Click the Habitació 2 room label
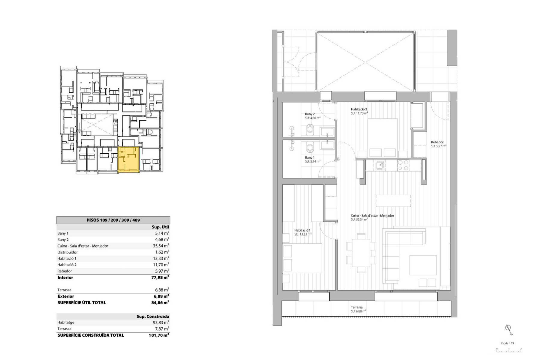(359, 110)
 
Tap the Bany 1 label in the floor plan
(310, 157)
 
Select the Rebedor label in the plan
(437, 142)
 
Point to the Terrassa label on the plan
(357, 307)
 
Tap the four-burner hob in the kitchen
(403, 165)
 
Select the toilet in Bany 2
(310, 130)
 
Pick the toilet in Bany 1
(310, 148)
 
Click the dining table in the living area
(361, 253)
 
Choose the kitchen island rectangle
(393, 201)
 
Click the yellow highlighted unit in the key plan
(129, 160)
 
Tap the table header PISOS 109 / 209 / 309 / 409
(113, 220)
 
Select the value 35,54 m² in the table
(160, 246)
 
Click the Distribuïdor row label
(67, 252)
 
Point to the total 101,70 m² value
(159, 335)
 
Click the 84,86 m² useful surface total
(160, 303)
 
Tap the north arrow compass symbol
(508, 329)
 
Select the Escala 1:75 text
(507, 343)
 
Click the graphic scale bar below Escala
(509, 350)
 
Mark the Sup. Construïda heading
(153, 316)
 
